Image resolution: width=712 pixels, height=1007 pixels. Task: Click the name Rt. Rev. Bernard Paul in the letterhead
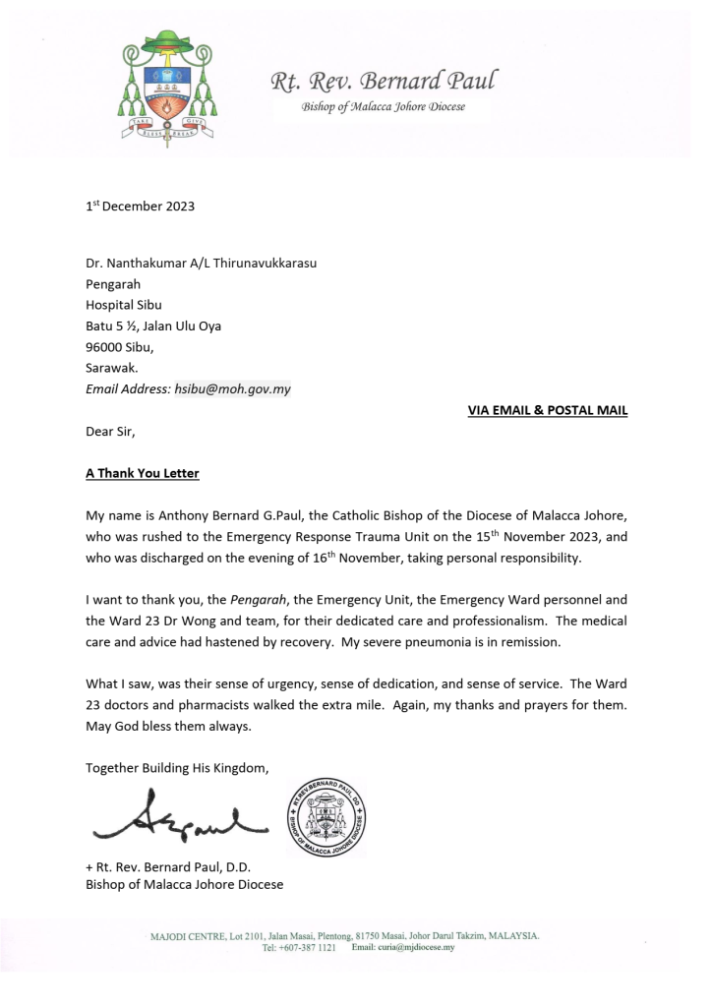[384, 80]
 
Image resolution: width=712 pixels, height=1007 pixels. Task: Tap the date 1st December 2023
[140, 206]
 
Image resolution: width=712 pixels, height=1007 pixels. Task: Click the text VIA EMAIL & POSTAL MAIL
[547, 410]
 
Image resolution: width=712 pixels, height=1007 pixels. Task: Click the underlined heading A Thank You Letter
[143, 473]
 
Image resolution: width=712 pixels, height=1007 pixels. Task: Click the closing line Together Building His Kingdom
[176, 767]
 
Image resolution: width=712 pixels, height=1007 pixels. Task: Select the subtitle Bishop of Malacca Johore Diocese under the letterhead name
[384, 106]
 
